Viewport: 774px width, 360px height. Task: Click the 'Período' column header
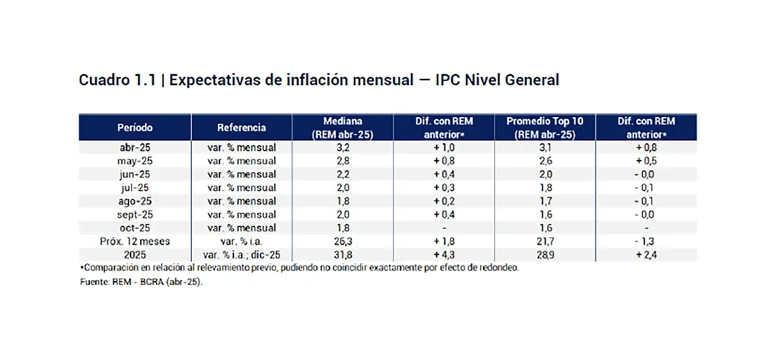[x=135, y=127]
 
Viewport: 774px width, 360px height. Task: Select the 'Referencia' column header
[x=241, y=127]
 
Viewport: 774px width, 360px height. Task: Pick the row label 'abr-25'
[x=135, y=147]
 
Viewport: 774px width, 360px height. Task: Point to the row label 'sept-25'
[x=135, y=214]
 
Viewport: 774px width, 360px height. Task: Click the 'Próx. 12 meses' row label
[x=135, y=241]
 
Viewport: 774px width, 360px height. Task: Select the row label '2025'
[x=135, y=254]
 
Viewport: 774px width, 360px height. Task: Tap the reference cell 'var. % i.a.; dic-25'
[x=241, y=254]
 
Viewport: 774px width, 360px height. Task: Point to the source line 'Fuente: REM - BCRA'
[x=140, y=282]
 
